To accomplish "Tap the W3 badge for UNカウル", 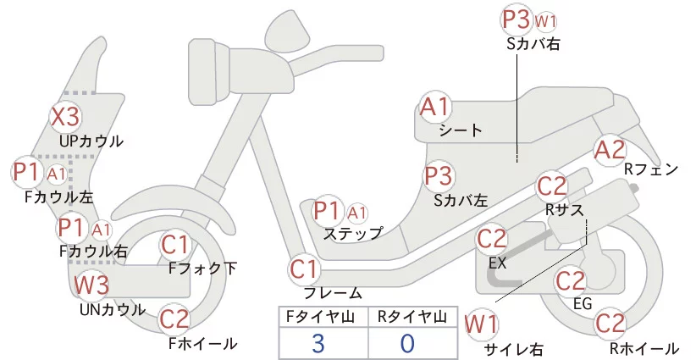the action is tap(91, 285).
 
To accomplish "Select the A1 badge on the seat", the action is tap(437, 108).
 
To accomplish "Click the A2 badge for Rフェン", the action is tap(610, 150).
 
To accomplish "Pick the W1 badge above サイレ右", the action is tap(482, 324).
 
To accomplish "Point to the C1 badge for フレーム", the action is tap(305, 270).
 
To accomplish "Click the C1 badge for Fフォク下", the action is tap(176, 246).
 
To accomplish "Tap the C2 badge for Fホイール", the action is tap(174, 319).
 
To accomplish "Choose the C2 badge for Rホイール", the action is tap(610, 324).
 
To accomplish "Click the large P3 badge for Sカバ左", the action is tap(439, 176).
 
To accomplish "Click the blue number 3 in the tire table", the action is tap(318, 343).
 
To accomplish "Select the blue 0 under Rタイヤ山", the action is tap(407, 343).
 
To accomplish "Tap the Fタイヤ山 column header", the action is tap(323, 317).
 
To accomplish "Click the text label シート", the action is tap(461, 130).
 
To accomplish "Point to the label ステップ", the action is tap(354, 231).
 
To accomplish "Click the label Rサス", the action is tap(564, 208).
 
